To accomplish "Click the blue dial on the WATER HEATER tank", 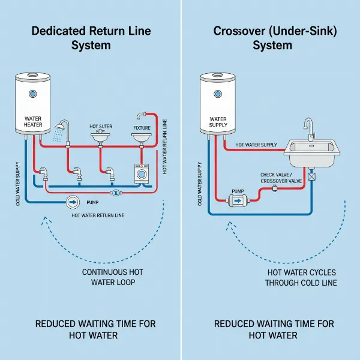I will [x=32, y=94].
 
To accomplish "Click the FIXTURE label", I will [x=141, y=128].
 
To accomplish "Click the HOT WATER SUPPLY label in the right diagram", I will [x=256, y=145].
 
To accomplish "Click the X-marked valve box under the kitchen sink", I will [x=311, y=176].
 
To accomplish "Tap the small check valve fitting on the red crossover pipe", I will [x=274, y=188].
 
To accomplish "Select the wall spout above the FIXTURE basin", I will [x=142, y=115].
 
